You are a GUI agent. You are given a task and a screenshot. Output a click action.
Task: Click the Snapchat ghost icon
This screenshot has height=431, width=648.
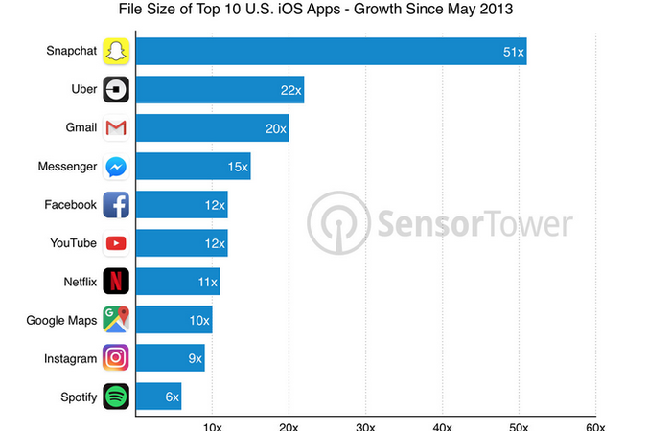click(x=116, y=51)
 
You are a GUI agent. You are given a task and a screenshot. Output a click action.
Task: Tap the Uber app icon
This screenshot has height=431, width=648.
click(x=116, y=89)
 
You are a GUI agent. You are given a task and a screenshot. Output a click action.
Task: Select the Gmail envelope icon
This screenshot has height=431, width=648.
click(x=116, y=127)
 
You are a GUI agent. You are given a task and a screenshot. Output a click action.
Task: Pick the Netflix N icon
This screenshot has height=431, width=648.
click(x=116, y=281)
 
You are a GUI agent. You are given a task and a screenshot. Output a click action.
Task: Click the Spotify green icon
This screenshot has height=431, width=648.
click(x=116, y=396)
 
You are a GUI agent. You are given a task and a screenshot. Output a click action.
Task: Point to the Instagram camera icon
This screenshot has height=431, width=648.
click(x=116, y=357)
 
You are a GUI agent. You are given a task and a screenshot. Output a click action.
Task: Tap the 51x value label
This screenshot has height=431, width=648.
click(x=513, y=52)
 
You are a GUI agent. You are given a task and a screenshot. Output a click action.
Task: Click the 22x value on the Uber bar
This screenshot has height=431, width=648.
click(x=290, y=90)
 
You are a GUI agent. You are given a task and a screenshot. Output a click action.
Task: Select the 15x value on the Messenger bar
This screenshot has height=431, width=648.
click(x=237, y=167)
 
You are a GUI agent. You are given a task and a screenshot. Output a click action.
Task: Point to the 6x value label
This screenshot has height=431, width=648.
click(x=171, y=397)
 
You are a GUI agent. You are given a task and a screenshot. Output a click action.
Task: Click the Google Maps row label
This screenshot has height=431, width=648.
click(x=61, y=320)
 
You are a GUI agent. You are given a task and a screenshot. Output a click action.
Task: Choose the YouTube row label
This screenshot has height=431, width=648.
click(x=73, y=243)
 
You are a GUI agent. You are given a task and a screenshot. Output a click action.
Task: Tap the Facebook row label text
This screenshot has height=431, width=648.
click(x=70, y=205)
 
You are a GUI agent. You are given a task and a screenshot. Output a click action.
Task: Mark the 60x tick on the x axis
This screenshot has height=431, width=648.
click(x=595, y=424)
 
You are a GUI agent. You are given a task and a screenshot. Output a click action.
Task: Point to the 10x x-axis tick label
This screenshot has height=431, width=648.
click(x=213, y=424)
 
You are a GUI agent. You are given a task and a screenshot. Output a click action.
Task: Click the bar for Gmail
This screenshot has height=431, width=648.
click(x=211, y=128)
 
